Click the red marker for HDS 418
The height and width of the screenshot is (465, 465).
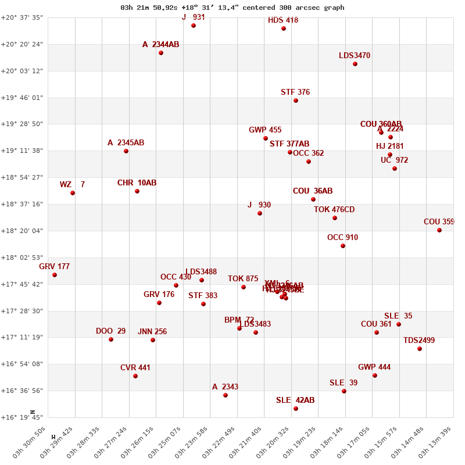coord(284,28)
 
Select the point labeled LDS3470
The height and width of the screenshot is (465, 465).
coord(355,64)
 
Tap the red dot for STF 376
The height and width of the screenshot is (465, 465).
coord(296,101)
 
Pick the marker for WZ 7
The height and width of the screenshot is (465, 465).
coord(73,193)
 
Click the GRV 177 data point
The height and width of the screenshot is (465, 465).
coord(55,275)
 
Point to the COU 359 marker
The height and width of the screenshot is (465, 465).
coord(439,230)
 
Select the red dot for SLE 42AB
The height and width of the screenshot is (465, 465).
coord(296,409)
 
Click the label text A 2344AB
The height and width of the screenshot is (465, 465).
coord(160,44)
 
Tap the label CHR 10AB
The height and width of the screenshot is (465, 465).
coord(137,183)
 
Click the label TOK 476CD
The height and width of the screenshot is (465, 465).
coord(334,210)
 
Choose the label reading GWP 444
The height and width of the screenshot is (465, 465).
coord(374,367)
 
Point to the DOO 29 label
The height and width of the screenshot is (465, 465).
coord(110,331)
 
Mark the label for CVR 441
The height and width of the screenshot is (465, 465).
coord(135,368)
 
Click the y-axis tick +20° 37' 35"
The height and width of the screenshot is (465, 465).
coord(22,17)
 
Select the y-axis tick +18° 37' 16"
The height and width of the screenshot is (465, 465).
coord(22,204)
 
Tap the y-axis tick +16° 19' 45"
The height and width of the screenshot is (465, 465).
coord(22,417)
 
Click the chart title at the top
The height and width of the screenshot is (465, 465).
coord(233,8)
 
